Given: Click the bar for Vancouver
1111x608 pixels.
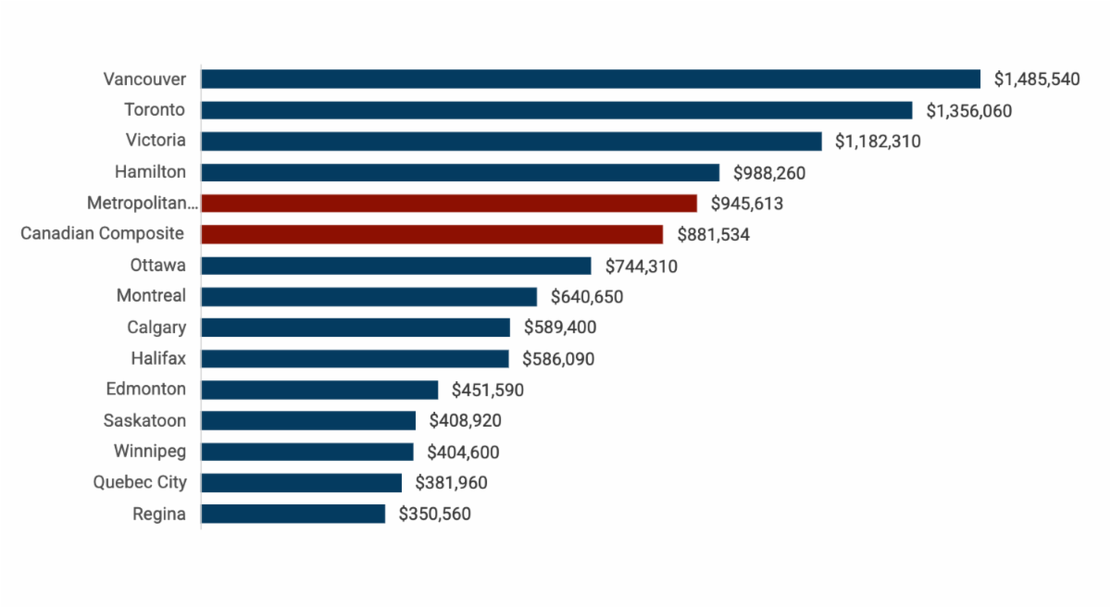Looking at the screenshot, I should [x=590, y=79].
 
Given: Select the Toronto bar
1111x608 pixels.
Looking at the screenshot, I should [x=556, y=110].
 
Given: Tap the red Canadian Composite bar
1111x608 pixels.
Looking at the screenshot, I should [x=431, y=234].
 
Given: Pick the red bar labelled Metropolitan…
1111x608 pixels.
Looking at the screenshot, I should [x=448, y=203].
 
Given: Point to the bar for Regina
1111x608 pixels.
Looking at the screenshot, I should [x=293, y=514].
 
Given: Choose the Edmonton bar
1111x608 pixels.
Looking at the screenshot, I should [x=319, y=390].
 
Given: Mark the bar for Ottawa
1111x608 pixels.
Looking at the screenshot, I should [x=395, y=266].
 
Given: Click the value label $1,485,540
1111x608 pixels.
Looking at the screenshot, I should [x=1037, y=80].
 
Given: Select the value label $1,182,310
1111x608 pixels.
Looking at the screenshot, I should [x=878, y=142].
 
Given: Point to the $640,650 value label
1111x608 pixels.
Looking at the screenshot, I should [x=587, y=297].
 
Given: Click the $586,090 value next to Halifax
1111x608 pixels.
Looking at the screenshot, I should [x=559, y=359].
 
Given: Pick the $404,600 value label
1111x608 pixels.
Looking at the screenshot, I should [x=463, y=453].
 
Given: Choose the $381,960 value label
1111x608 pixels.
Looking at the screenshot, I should [x=451, y=483].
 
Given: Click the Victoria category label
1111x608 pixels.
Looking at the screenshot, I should [x=156, y=141].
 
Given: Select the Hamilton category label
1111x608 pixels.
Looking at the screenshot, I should [x=150, y=172].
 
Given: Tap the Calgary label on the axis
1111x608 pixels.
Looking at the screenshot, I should [x=156, y=328].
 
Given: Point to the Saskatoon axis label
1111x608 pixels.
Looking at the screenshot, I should [x=144, y=421].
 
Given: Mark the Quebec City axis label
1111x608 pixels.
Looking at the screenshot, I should [x=140, y=483].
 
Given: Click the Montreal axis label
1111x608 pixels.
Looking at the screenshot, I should [x=151, y=296].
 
